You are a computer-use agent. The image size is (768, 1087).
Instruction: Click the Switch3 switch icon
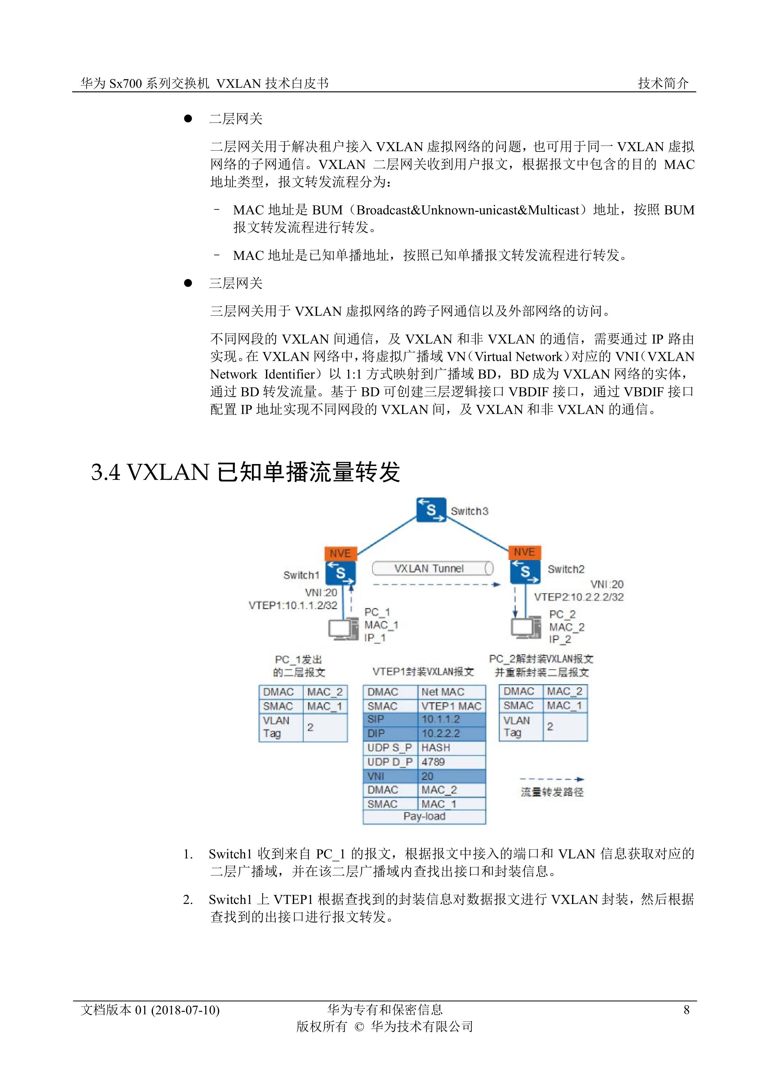click(431, 510)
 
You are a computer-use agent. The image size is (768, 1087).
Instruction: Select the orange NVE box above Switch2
click(524, 552)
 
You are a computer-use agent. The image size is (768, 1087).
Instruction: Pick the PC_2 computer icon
click(526, 627)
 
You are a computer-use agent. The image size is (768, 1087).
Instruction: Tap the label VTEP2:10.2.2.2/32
click(579, 597)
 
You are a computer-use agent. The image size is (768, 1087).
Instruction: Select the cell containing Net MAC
click(451, 692)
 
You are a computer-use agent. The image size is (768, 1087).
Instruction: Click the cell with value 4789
click(451, 762)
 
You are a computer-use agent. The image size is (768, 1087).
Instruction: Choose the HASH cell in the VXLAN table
click(451, 747)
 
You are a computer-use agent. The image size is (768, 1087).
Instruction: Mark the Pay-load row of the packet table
click(424, 816)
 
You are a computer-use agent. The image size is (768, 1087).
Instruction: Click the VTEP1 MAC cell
click(451, 706)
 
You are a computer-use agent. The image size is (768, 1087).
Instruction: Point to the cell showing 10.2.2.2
click(451, 733)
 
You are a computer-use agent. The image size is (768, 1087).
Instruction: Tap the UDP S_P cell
click(389, 747)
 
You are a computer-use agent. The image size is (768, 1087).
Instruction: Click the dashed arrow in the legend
click(552, 779)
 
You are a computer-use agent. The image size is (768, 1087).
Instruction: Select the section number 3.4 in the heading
click(106, 472)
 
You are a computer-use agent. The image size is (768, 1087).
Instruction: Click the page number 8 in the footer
click(686, 1010)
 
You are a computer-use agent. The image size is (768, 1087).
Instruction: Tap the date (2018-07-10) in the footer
click(185, 1010)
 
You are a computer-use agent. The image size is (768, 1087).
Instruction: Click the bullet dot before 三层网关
click(188, 283)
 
